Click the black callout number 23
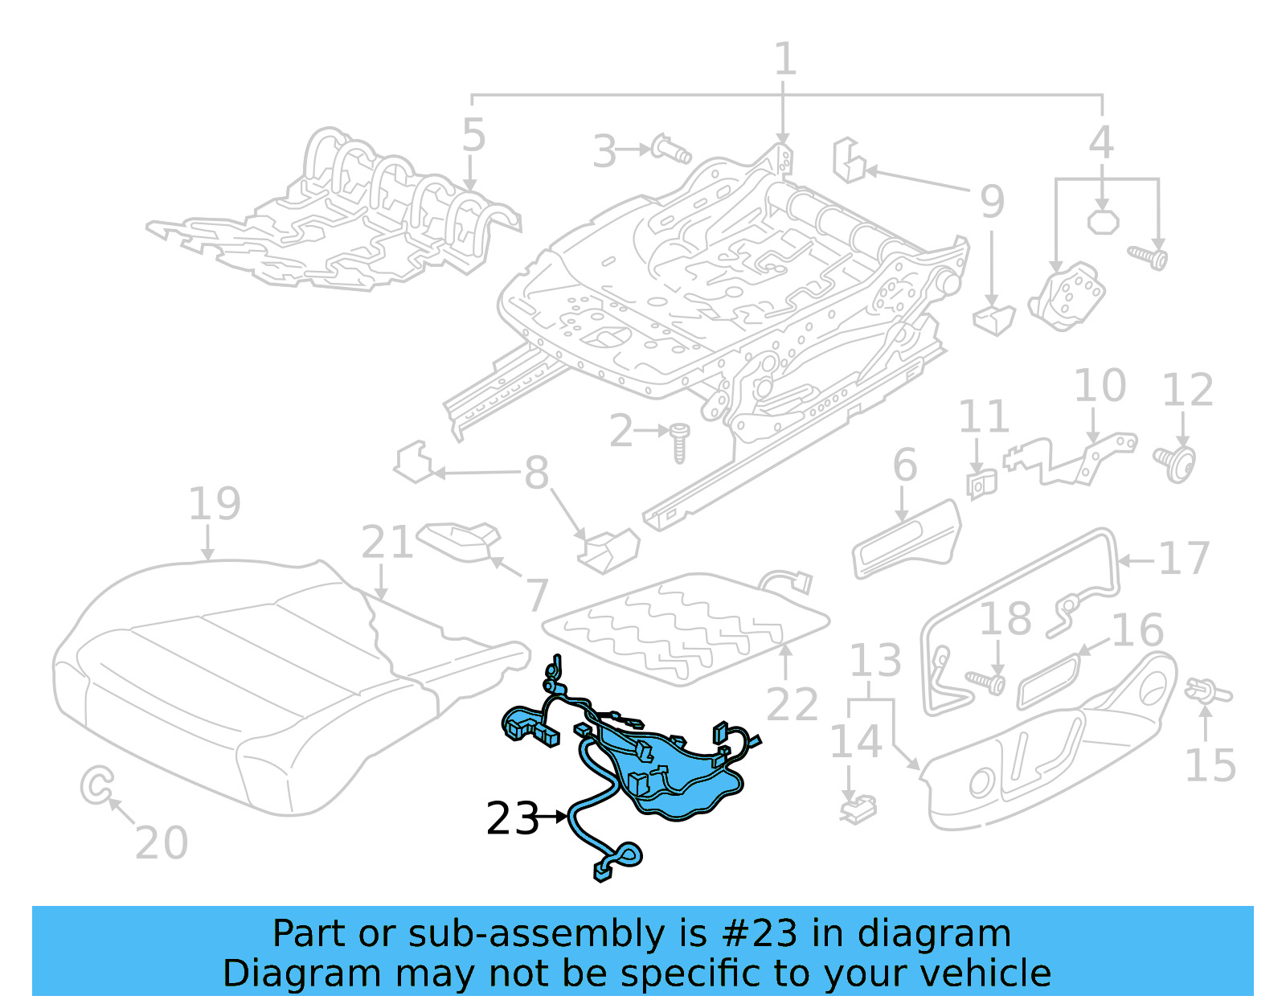512,818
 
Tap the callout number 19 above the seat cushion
214,505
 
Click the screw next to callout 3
671,150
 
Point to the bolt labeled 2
679,443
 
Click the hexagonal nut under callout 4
1103,220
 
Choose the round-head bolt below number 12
1177,463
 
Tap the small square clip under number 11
981,484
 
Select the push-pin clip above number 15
1206,691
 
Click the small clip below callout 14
858,809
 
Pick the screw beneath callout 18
986,682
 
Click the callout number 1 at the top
784,59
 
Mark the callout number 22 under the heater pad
792,704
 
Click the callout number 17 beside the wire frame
1184,559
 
